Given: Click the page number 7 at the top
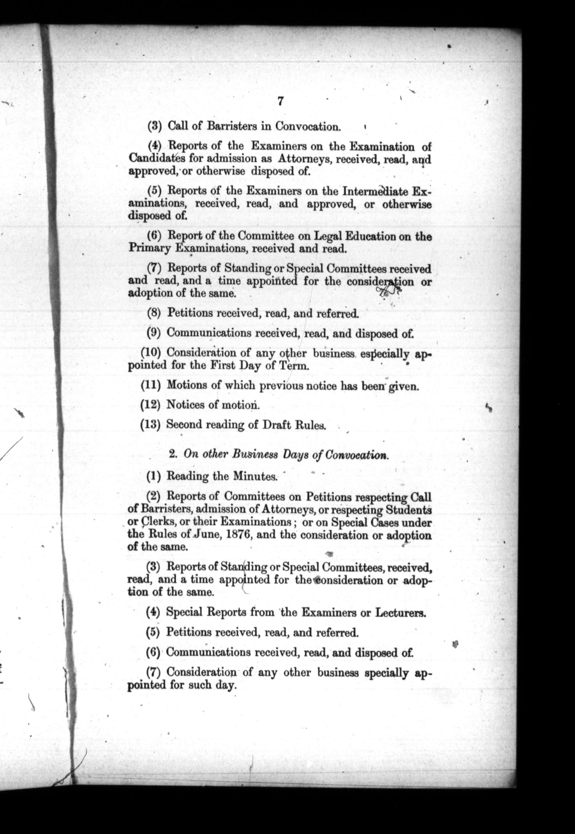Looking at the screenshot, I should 280,101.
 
